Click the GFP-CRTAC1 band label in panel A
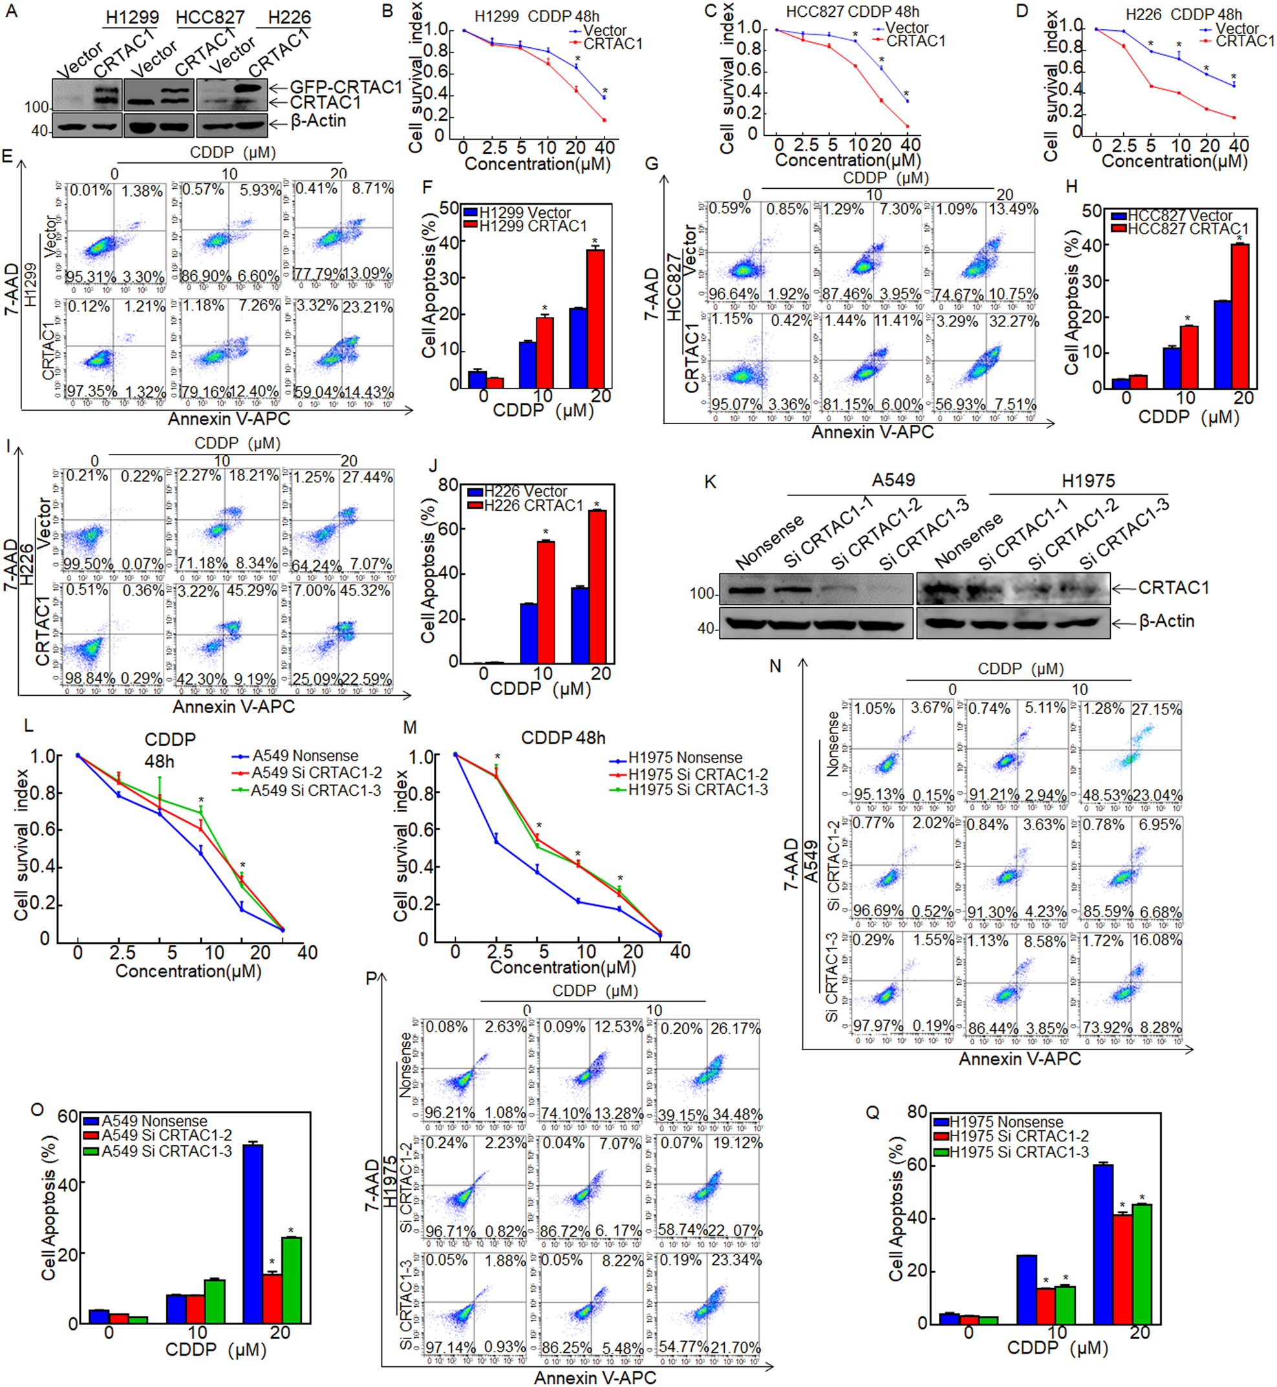(345, 87)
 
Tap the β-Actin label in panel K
(1166, 621)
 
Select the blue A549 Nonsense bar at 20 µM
(253, 1234)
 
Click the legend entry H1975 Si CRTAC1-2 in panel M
(697, 774)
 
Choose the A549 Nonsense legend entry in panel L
(305, 756)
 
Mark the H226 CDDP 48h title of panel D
(1184, 14)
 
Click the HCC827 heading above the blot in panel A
(210, 17)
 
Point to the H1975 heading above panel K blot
(1088, 480)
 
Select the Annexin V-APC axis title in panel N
(1019, 1059)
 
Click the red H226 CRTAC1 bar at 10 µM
(546, 602)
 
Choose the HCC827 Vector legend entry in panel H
(1179, 215)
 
